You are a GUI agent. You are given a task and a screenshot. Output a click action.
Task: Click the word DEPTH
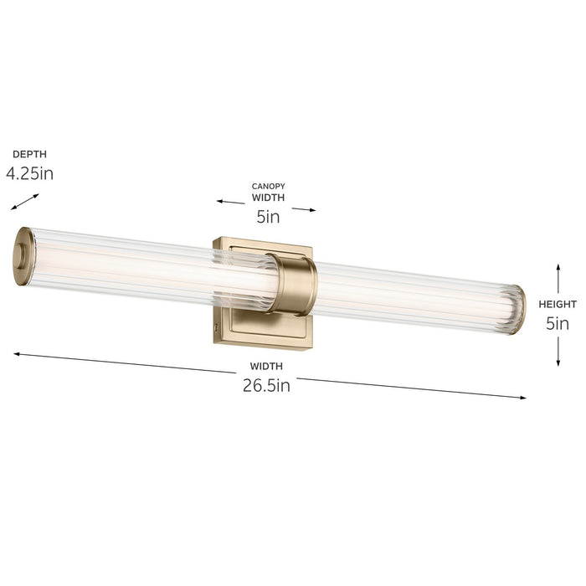tap(29, 154)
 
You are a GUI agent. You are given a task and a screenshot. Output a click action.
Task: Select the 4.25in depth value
tap(30, 173)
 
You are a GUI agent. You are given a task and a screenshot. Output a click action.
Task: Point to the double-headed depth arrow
tap(25, 202)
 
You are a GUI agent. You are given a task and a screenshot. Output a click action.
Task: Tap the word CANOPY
tap(268, 186)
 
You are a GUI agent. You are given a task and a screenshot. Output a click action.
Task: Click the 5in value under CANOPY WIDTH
tap(268, 217)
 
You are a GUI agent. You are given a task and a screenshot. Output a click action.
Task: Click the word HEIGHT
tap(558, 304)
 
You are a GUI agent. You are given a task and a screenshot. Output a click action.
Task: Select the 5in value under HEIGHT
tap(558, 323)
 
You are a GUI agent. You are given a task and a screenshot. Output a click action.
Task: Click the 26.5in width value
tap(266, 385)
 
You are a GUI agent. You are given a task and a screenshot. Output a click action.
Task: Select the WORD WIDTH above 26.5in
tap(266, 366)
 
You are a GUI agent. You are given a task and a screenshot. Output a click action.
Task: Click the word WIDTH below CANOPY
tap(268, 198)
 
